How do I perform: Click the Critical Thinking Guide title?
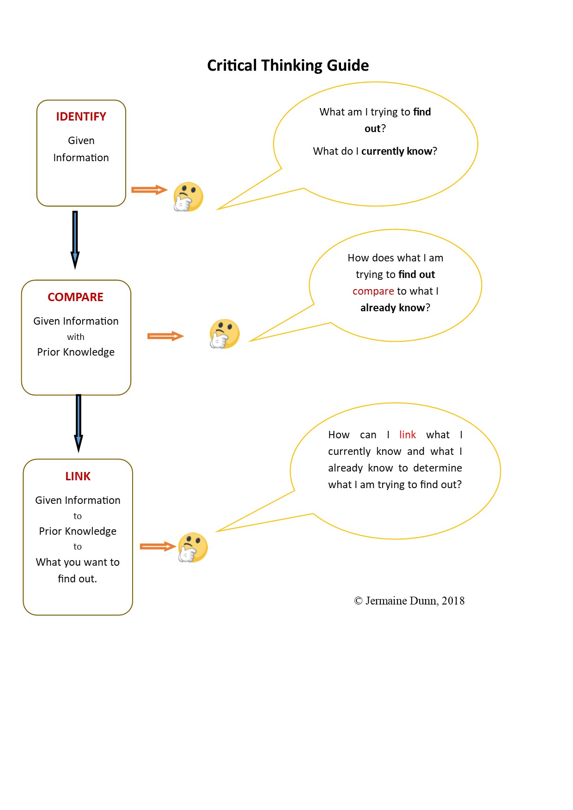[288, 66]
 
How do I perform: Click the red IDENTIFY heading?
[81, 116]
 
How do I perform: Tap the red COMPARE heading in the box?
[75, 297]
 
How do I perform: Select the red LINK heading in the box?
[78, 476]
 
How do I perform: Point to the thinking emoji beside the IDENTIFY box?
[188, 197]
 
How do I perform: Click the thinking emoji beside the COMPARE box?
[225, 333]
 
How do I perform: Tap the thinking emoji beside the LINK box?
[193, 547]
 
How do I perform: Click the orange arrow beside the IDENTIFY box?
[149, 190]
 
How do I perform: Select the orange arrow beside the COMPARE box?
[165, 336]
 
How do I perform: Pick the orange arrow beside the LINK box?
[158, 547]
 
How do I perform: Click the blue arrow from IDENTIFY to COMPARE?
[75, 240]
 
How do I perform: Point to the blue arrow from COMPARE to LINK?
[79, 423]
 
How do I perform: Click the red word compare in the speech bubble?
[373, 291]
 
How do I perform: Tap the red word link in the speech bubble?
[408, 435]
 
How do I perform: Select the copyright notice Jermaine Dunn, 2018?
[409, 600]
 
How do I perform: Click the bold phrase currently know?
[396, 151]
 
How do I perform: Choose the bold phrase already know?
[392, 308]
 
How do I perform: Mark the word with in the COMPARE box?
[76, 337]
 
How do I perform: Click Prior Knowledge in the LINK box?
[78, 531]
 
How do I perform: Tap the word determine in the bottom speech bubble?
[438, 468]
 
